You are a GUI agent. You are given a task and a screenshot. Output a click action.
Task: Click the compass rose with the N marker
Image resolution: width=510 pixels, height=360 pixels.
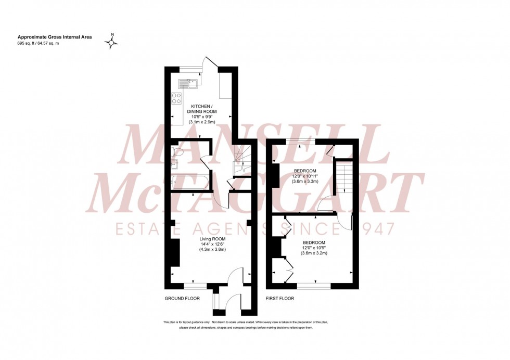(111, 41)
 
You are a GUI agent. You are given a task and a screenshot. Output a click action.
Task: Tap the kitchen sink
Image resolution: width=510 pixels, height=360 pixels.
(187, 81)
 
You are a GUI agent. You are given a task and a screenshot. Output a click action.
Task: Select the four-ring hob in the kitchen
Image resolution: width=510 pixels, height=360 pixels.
(176, 97)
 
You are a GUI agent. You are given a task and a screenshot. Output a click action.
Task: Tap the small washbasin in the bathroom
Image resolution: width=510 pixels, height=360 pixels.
(175, 165)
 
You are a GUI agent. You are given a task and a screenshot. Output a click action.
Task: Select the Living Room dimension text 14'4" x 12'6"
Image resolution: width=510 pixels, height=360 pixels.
(212, 244)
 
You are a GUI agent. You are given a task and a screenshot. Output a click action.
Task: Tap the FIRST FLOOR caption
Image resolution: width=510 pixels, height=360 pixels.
(280, 299)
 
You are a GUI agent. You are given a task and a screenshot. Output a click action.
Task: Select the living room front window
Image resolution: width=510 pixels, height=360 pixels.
(195, 285)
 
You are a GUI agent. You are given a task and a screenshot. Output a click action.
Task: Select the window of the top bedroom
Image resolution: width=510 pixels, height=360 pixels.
(300, 141)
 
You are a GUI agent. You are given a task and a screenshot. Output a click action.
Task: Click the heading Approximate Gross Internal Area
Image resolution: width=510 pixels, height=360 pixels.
(50, 37)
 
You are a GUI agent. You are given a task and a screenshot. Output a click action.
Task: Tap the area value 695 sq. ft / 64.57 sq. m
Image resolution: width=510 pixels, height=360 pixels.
(38, 43)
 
